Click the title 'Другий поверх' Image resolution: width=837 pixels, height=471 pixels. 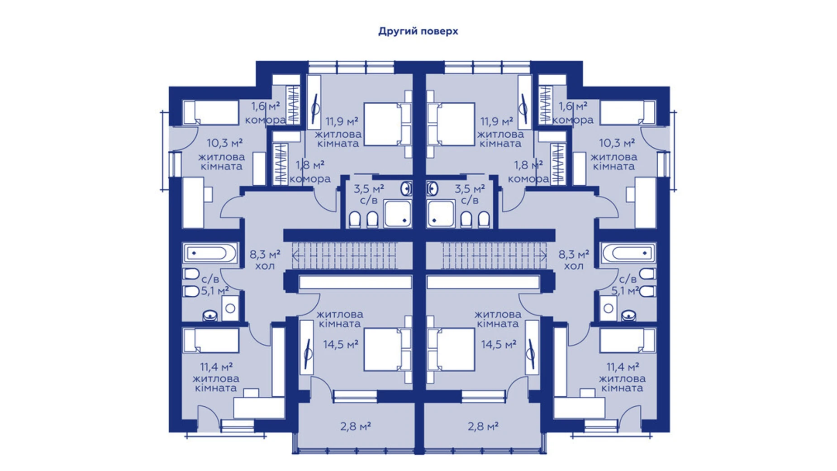[418, 31]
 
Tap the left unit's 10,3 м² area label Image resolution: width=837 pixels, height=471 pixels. [225, 143]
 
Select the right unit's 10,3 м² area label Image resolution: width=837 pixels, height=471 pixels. [617, 143]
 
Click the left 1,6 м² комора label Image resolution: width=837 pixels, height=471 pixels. [266, 113]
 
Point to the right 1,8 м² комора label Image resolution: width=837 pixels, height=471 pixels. [528, 172]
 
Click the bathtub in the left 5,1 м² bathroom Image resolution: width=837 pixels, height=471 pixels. [210, 253]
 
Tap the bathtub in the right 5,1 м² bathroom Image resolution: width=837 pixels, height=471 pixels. [628, 253]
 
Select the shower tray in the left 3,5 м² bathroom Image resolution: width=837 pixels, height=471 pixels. [398, 213]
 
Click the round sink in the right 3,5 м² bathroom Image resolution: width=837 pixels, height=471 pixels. [432, 188]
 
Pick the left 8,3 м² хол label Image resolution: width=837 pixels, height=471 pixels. [265, 260]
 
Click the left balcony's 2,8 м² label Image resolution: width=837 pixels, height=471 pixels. [356, 426]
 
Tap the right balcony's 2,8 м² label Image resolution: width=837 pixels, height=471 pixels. [483, 426]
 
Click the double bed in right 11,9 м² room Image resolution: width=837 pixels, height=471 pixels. [451, 124]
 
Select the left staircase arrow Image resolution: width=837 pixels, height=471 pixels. [344, 256]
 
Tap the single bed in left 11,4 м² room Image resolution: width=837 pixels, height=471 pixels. [211, 340]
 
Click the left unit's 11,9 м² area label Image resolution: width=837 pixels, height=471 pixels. [342, 121]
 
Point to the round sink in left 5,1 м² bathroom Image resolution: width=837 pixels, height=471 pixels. [210, 315]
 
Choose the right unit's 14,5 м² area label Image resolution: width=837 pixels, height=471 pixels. [499, 345]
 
